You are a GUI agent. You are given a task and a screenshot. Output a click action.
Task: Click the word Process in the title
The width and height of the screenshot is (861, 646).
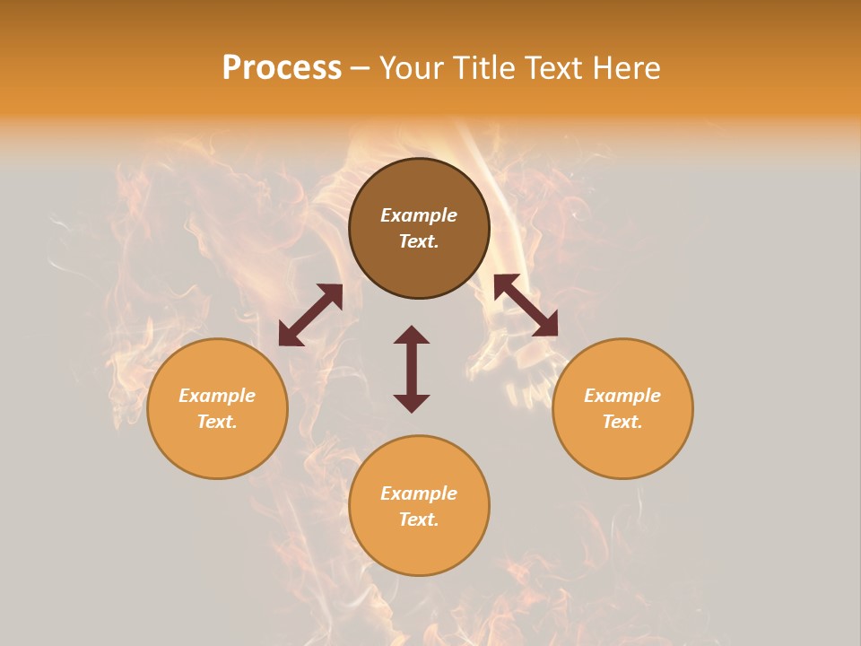click(x=282, y=68)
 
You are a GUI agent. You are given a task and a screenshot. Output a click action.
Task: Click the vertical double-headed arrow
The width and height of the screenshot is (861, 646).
click(x=412, y=369)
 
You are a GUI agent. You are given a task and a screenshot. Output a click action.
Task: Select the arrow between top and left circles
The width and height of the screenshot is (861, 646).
click(x=310, y=315)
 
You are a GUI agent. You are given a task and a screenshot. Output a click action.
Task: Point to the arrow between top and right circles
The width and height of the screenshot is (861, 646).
click(x=526, y=305)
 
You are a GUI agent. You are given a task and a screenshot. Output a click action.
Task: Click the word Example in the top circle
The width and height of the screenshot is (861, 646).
click(x=419, y=215)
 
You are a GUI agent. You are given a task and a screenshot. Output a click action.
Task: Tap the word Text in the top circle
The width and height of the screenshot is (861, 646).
click(x=419, y=241)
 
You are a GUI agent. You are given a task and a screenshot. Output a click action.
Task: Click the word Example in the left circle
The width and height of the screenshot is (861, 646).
click(x=217, y=396)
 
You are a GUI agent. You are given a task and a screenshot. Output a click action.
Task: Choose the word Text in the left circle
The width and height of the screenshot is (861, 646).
click(x=217, y=422)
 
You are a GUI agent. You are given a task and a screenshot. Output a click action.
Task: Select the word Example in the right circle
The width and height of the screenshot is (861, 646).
click(x=622, y=396)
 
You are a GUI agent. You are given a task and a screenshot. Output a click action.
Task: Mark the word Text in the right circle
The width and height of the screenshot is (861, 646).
click(x=622, y=422)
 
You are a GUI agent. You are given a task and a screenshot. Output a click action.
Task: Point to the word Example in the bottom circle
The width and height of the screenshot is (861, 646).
click(x=419, y=493)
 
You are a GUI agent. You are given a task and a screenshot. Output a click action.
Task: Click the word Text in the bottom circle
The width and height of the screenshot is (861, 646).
click(x=419, y=519)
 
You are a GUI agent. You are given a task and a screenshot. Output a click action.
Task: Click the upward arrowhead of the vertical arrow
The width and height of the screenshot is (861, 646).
click(x=412, y=336)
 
